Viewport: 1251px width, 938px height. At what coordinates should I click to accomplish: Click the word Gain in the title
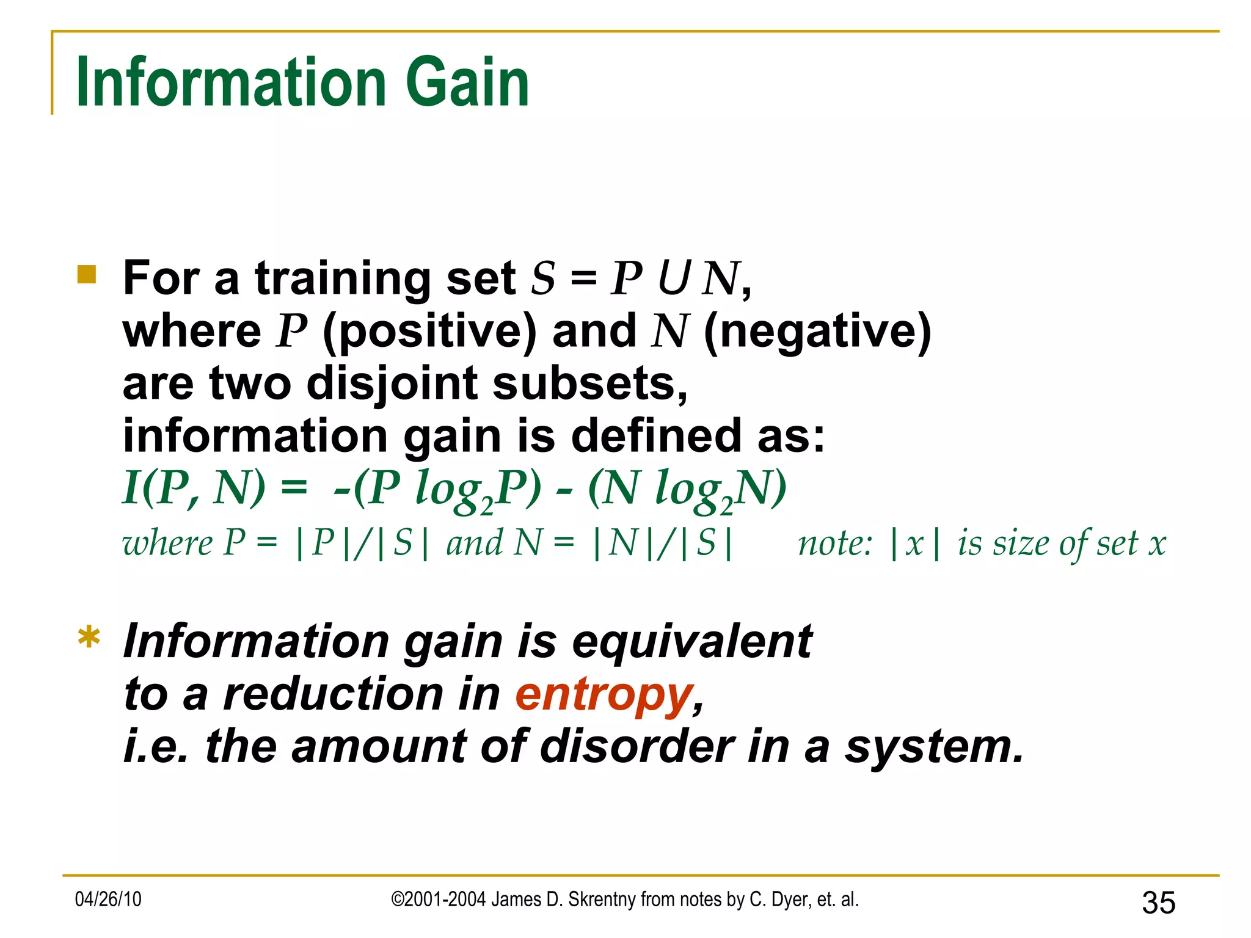(467, 82)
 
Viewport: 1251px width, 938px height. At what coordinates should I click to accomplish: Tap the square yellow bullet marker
(87, 275)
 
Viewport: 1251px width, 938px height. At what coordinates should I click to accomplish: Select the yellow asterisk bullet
(89, 639)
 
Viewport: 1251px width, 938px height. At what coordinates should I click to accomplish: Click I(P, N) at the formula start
(194, 489)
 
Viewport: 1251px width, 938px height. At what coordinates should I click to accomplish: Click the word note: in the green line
(835, 544)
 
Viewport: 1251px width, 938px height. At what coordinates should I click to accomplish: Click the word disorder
(637, 747)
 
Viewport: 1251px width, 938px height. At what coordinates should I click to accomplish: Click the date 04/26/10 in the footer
(108, 900)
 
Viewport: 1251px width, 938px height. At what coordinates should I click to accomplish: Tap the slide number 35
(1158, 903)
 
